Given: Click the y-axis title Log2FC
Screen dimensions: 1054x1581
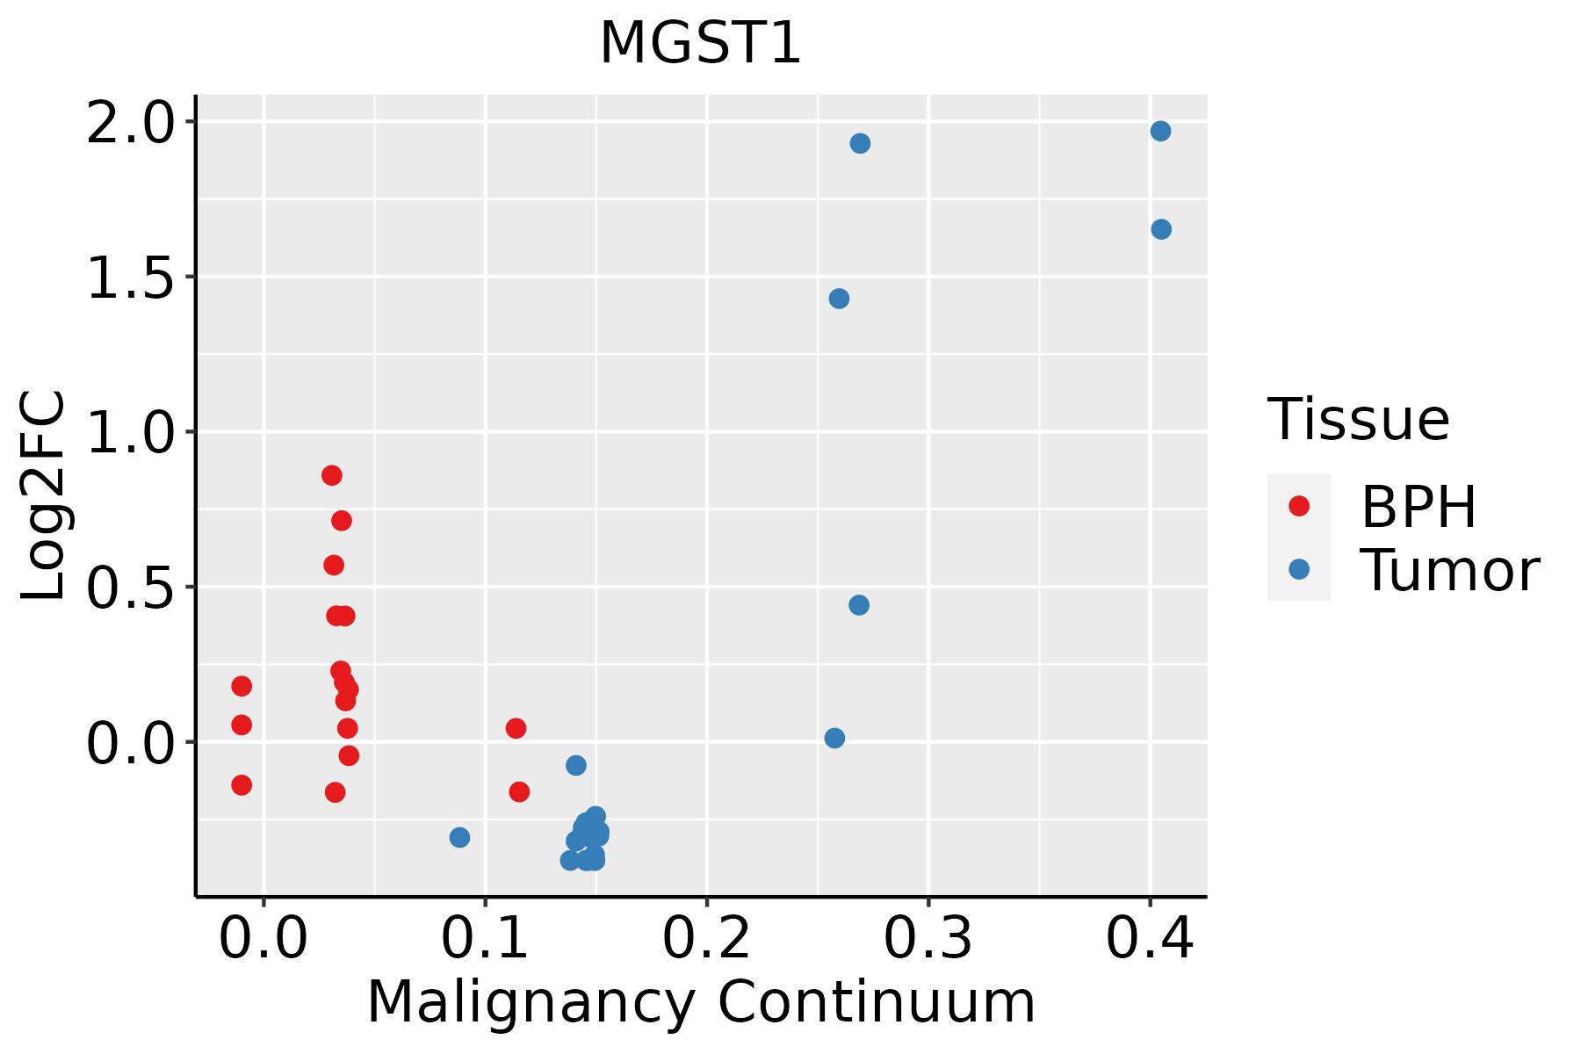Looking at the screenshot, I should pyautogui.click(x=44, y=496).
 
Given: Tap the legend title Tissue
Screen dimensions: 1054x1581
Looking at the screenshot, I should pyautogui.click(x=1358, y=420).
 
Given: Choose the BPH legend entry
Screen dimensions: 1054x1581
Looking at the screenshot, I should pyautogui.click(x=1417, y=507).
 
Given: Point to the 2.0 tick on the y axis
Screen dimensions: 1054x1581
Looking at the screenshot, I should pyautogui.click(x=131, y=122).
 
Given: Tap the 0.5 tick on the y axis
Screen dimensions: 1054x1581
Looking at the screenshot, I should pyautogui.click(x=131, y=588).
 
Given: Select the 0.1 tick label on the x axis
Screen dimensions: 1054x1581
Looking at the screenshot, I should pyautogui.click(x=485, y=939).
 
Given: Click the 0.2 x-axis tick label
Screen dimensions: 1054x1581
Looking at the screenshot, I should pyautogui.click(x=706, y=939).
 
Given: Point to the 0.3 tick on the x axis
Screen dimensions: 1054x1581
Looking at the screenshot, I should pyautogui.click(x=928, y=939).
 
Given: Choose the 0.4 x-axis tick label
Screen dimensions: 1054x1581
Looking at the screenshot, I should pyautogui.click(x=1149, y=939).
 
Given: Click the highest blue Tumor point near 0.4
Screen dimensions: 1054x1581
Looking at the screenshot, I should pyautogui.click(x=1160, y=131).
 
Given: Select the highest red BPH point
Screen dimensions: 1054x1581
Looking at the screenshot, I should pyautogui.click(x=331, y=475).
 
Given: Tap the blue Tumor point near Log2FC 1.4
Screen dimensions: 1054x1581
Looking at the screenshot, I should pyautogui.click(x=839, y=299).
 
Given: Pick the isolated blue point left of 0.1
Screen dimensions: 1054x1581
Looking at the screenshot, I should pyautogui.click(x=459, y=837).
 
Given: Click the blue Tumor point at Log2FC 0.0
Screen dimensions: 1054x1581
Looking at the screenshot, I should pyautogui.click(x=834, y=738).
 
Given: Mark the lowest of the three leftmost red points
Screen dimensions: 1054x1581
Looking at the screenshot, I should pyautogui.click(x=242, y=784).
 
